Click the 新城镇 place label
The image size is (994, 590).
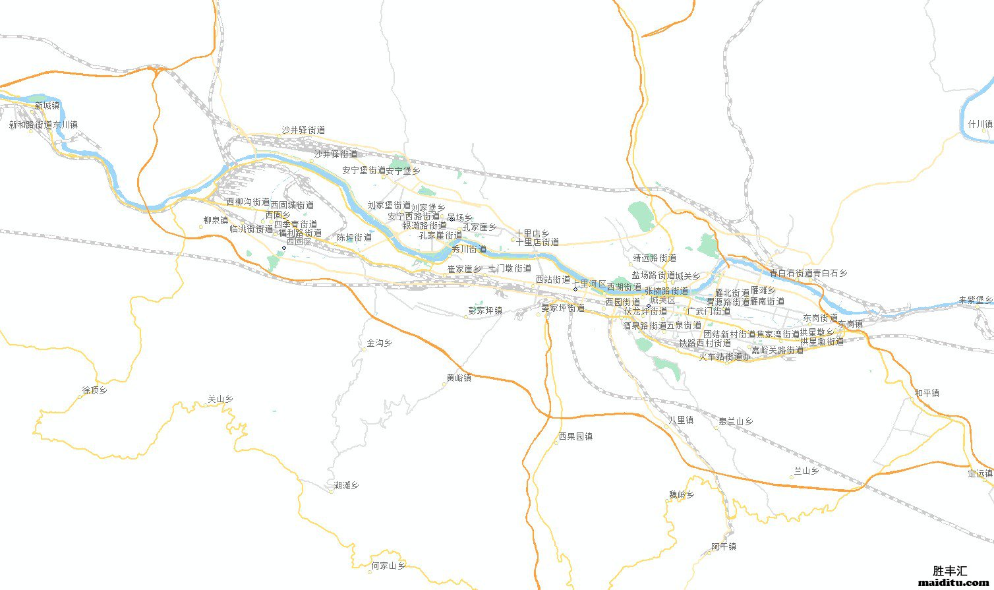click(x=47, y=105)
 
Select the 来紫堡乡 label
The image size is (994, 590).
click(x=976, y=300)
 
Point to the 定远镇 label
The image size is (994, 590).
click(x=980, y=473)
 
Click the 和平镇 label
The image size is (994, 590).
click(x=927, y=393)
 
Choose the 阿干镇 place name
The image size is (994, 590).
click(x=724, y=546)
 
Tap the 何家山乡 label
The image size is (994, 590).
click(x=389, y=566)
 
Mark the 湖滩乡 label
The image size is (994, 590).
click(x=346, y=486)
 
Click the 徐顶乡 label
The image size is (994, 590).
click(x=94, y=390)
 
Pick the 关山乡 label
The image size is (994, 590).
click(x=220, y=399)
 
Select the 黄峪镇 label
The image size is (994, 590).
click(x=459, y=378)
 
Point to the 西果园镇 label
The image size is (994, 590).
click(x=575, y=436)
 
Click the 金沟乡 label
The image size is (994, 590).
click(x=380, y=343)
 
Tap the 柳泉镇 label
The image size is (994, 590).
click(x=216, y=220)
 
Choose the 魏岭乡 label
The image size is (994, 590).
click(x=682, y=494)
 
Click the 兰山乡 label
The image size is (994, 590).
click(x=805, y=471)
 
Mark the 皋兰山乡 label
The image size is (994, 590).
click(x=736, y=421)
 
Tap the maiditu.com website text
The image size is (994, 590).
click(x=951, y=583)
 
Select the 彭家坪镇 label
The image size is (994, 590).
click(x=485, y=310)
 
